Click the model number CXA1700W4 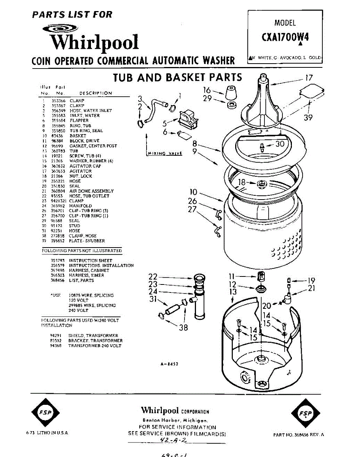[x=285, y=38]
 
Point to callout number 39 [x=308, y=118]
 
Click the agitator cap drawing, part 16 [x=230, y=93]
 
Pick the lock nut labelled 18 [x=261, y=184]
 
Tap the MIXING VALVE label [x=164, y=153]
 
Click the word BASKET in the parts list [x=78, y=136]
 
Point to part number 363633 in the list [x=57, y=171]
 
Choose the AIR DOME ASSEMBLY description [x=91, y=191]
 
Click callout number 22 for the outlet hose [x=153, y=276]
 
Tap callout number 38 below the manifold [x=183, y=327]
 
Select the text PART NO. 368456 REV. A [x=299, y=435]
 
